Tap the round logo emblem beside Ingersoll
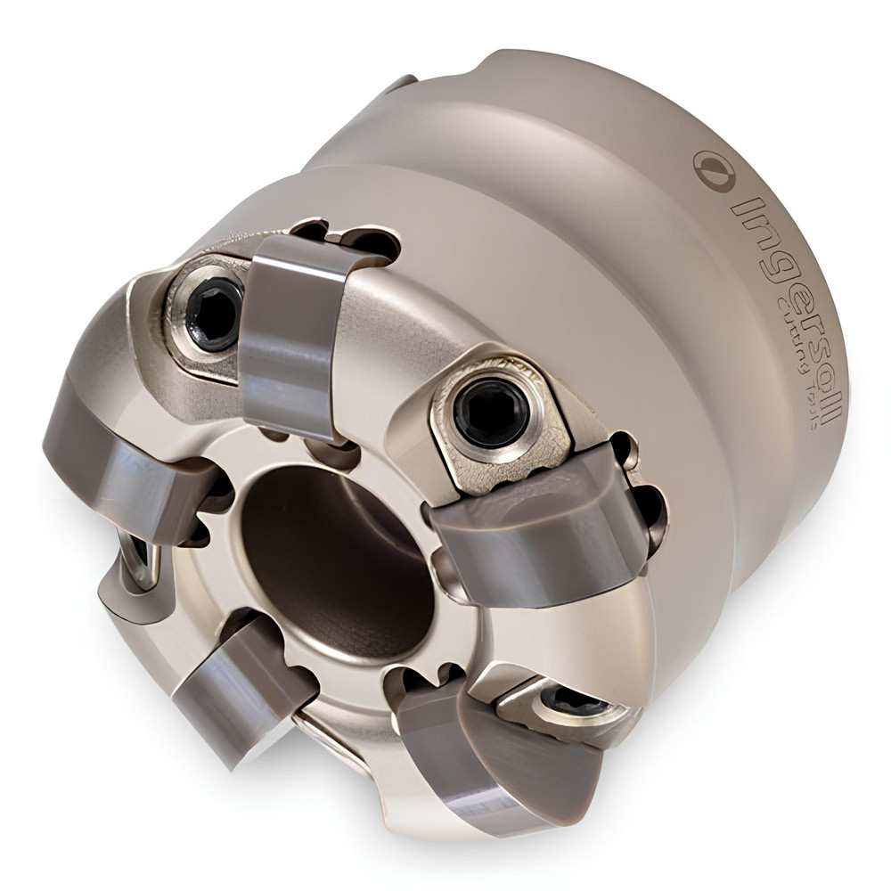pyautogui.click(x=712, y=169)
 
